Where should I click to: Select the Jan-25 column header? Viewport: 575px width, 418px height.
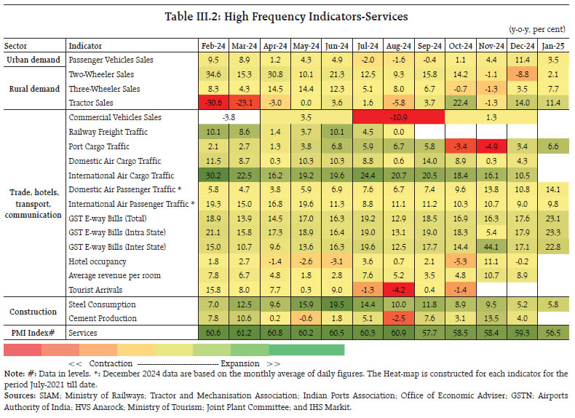tap(553, 46)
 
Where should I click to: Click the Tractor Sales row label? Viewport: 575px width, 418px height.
tap(90, 103)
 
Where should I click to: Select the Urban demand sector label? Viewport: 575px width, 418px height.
tap(33, 60)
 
